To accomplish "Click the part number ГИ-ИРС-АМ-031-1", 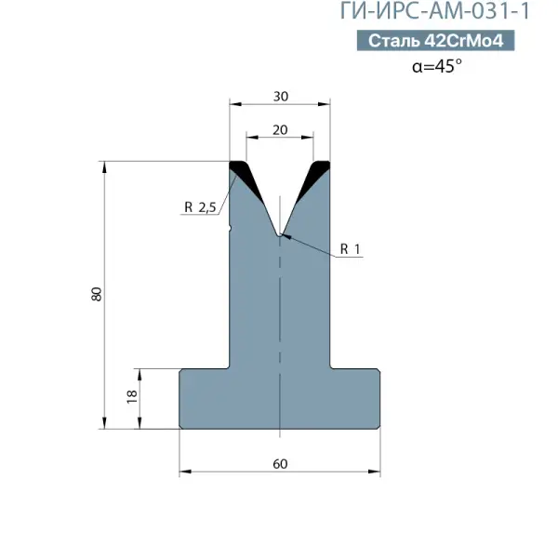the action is click(435, 10).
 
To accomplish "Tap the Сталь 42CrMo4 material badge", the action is click(435, 40).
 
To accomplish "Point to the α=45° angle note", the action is click(437, 66).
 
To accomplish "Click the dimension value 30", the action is click(281, 97).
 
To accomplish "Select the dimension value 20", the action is click(280, 130).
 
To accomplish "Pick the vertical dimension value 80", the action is click(97, 294).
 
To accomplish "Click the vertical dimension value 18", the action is click(132, 396).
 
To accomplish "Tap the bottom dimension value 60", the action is click(280, 464).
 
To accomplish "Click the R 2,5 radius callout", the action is click(200, 207).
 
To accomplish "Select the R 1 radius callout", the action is click(351, 248).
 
